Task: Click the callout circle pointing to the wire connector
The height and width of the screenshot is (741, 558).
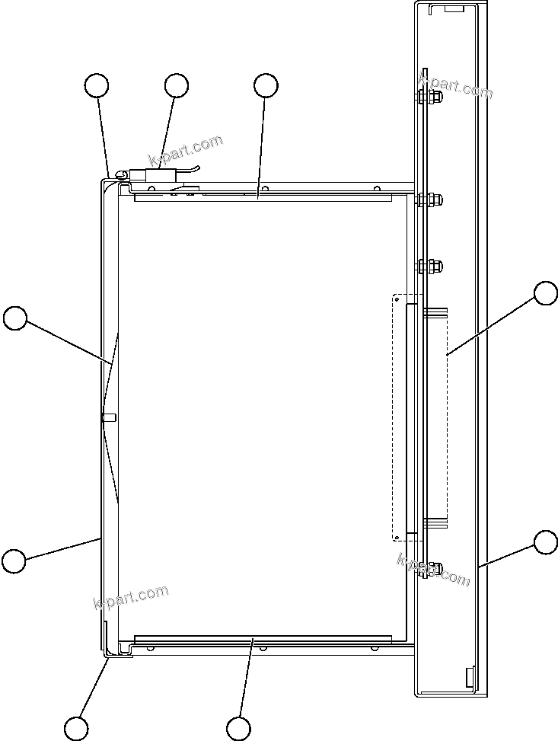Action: click(x=176, y=86)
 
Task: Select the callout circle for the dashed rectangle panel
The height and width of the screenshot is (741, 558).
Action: click(x=545, y=294)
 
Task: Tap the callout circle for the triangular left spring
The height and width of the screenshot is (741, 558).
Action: click(x=15, y=318)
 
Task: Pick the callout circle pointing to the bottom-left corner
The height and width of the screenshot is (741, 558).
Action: click(x=75, y=728)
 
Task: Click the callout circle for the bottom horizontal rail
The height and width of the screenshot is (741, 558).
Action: click(x=239, y=728)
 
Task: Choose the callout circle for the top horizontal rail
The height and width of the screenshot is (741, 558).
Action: click(x=265, y=86)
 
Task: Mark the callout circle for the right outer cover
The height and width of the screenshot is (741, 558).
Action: click(x=545, y=542)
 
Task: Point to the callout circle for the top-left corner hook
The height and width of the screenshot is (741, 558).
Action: click(x=97, y=86)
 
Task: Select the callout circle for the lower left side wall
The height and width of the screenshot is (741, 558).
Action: click(x=13, y=561)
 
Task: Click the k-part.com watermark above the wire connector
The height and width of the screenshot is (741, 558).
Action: click(x=187, y=150)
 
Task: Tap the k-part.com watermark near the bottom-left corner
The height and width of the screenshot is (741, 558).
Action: click(x=130, y=597)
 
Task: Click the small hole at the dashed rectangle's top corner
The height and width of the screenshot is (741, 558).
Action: click(x=396, y=299)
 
